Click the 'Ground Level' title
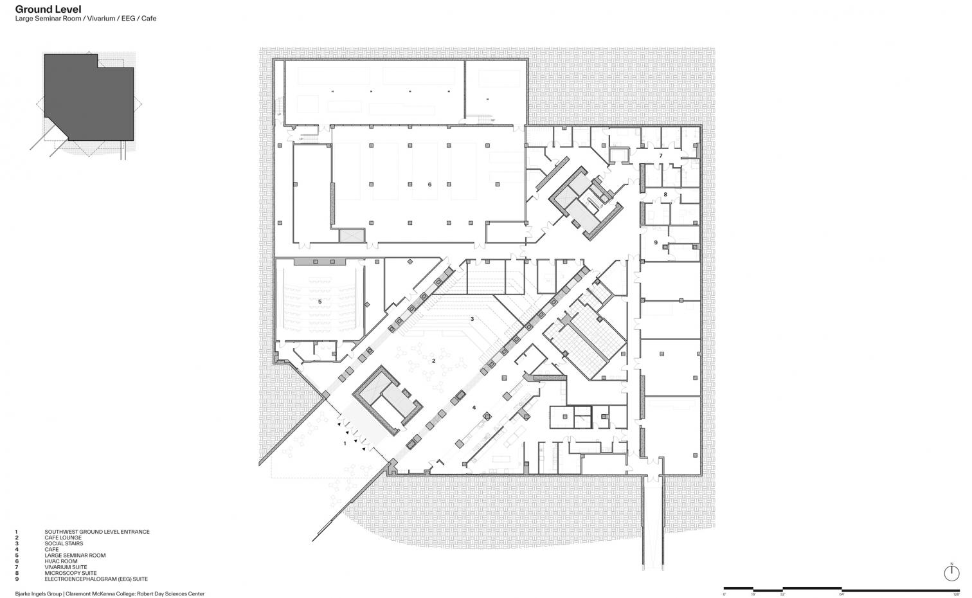(x=48, y=9)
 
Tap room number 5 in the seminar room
(x=319, y=301)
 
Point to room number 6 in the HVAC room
(x=429, y=185)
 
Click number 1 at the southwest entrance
(x=345, y=443)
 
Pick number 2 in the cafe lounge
(x=433, y=361)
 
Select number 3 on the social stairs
(x=472, y=319)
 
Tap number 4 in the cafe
(x=474, y=407)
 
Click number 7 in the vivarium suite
(x=660, y=156)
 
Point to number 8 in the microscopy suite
(x=665, y=194)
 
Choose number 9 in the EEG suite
(x=656, y=242)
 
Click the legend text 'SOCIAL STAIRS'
(x=63, y=544)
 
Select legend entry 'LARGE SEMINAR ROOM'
(x=75, y=556)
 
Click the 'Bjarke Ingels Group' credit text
(x=38, y=593)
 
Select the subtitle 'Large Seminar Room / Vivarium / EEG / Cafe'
(x=85, y=19)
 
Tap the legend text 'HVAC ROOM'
(x=60, y=561)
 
